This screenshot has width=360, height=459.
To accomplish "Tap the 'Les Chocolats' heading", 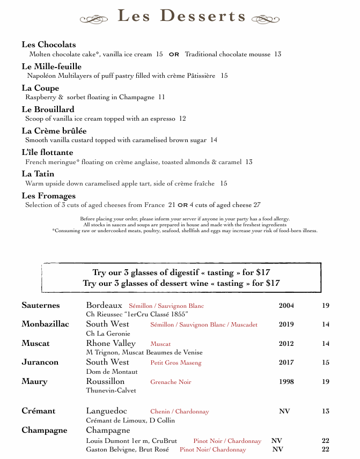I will [49, 45].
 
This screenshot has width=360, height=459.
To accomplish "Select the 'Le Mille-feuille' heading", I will [52, 66].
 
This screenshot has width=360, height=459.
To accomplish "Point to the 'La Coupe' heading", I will [40, 88].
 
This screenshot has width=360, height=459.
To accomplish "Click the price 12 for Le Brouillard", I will [182, 119].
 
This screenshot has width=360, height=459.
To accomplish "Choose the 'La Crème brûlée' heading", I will [54, 131].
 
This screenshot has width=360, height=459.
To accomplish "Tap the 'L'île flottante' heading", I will [47, 152].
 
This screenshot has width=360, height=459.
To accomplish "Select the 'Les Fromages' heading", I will [48, 196].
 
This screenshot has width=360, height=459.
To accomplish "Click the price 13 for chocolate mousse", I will [277, 54].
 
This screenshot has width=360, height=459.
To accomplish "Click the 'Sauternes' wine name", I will [41, 306].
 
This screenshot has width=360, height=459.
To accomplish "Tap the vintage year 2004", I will [286, 306].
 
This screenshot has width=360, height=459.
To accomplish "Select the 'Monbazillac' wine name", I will [45, 324].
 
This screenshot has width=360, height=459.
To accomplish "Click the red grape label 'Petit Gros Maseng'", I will [176, 363].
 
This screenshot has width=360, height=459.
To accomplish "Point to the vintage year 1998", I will [286, 382].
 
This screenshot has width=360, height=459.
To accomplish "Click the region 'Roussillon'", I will [105, 381].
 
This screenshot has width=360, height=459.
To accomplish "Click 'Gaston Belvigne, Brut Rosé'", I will [128, 449].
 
